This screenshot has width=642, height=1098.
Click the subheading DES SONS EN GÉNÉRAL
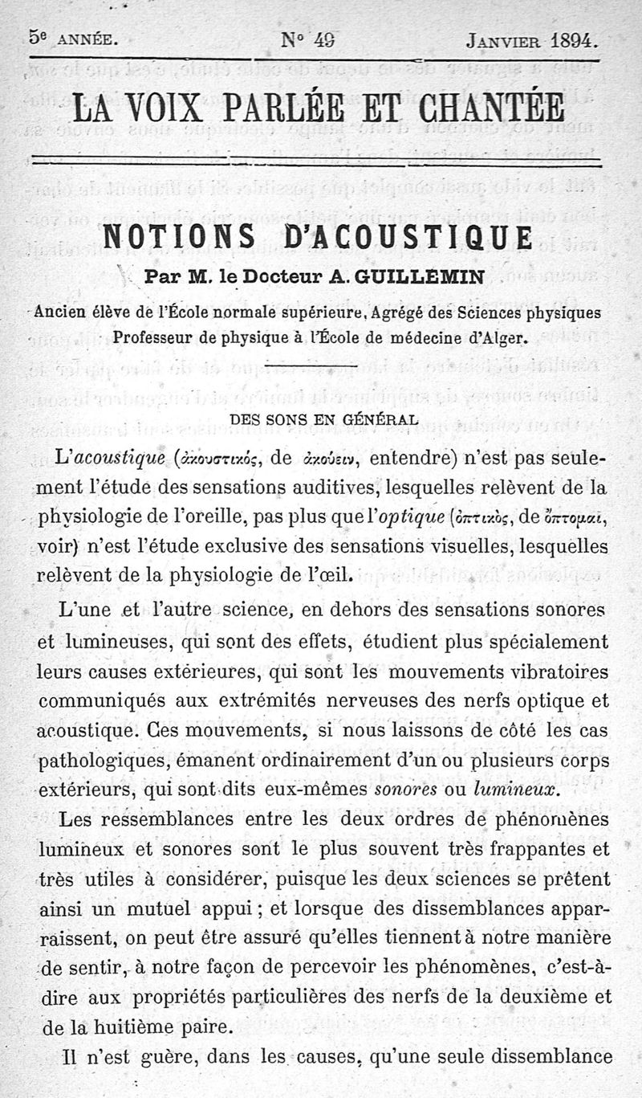tap(323, 419)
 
